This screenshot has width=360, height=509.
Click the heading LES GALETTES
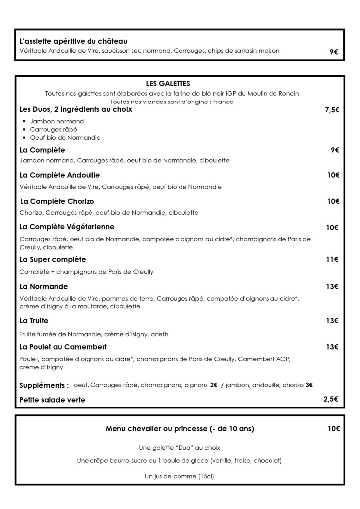tap(168, 84)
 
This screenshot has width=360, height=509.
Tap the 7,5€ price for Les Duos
tap(332, 110)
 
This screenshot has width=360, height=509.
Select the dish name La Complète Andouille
tap(60, 175)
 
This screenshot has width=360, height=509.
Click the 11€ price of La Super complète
tap(332, 259)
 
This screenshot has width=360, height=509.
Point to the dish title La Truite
tap(34, 321)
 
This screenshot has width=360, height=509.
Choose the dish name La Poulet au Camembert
tap(63, 347)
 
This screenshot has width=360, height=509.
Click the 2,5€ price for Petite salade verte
tap(331, 399)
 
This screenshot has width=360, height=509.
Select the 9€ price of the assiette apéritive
tap(333, 51)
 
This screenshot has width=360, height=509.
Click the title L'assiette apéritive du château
tap(73, 41)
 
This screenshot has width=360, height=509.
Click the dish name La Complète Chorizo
tap(57, 202)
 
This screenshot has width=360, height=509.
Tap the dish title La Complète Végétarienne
tap(67, 227)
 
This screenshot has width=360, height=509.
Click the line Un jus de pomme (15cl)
tap(179, 477)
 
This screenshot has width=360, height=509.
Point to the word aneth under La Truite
tap(159, 334)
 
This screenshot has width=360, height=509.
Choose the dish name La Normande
tap(44, 287)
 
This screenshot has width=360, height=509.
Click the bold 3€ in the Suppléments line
tap(309, 385)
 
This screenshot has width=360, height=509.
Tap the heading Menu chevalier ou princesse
tap(180, 429)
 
